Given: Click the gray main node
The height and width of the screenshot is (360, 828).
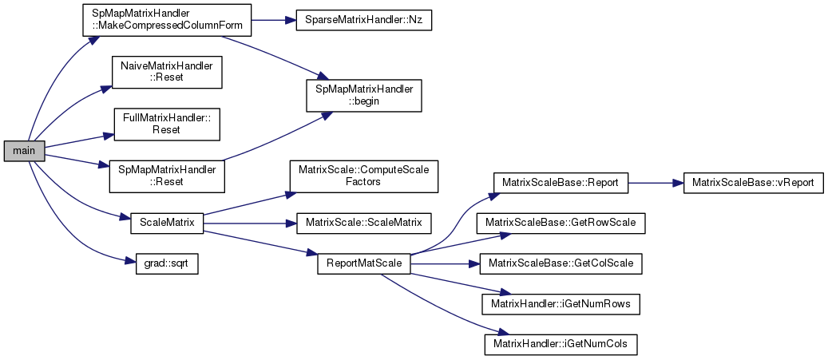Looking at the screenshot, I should [x=24, y=150].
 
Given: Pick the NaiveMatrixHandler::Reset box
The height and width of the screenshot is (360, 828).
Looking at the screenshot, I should [x=166, y=72].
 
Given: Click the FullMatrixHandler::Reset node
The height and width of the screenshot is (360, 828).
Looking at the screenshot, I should [x=166, y=123].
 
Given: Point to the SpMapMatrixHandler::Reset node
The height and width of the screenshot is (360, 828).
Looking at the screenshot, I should [x=166, y=175].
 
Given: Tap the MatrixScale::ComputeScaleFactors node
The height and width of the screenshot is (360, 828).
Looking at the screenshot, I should [x=363, y=175].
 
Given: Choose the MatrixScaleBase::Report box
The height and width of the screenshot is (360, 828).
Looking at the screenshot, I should [x=561, y=182].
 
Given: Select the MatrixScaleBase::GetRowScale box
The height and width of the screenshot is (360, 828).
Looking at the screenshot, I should [x=561, y=223].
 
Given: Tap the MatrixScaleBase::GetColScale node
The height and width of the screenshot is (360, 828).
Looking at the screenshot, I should [x=561, y=263].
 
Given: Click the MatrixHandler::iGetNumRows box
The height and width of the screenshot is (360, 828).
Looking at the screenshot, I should [x=561, y=303].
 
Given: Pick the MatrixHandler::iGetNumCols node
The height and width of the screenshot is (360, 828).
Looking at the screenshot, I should [x=561, y=344].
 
